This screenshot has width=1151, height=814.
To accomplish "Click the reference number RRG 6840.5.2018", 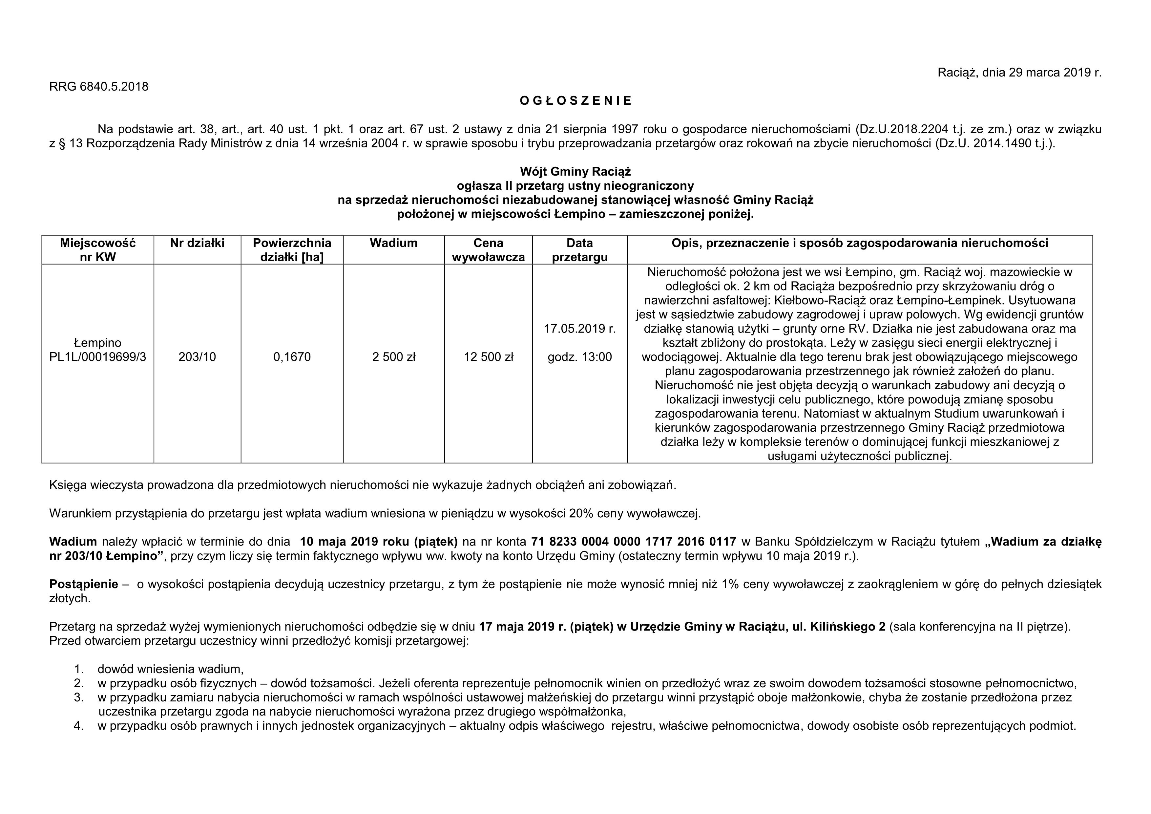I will pos(99,87).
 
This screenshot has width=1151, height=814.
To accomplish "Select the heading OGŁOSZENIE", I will pos(575,101).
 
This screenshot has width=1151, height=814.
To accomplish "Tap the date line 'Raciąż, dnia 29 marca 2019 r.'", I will pos(1020,73).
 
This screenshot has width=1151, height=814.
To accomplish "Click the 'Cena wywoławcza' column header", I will pos(488,250).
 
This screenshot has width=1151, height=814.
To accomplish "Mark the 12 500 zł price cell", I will pos(488,357).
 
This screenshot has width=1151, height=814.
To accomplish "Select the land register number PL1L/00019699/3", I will pos(98,357).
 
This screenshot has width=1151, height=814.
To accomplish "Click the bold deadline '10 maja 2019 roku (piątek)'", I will pos(379,542).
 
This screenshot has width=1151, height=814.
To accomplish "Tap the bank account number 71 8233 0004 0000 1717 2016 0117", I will pos(633,542).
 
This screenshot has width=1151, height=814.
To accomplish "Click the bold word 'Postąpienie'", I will pos(84,584).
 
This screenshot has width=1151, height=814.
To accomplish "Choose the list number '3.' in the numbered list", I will pos(79,697).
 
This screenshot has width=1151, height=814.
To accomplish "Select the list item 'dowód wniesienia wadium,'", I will pos(170,669).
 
